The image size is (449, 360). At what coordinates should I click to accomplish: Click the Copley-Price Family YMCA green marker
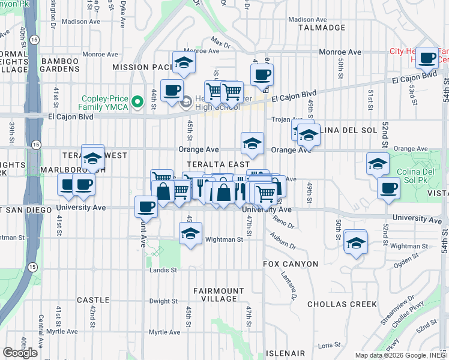pyautogui.click(x=137, y=102)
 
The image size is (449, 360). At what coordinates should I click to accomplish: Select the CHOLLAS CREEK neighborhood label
pyautogui.click(x=342, y=304)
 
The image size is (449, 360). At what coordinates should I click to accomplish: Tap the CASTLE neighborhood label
pyautogui.click(x=93, y=299)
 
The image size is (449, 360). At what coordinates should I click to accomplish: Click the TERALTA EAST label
pyautogui.click(x=218, y=164)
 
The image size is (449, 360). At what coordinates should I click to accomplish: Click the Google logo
pyautogui.click(x=20, y=353)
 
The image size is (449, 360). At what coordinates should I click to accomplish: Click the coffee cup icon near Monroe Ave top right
pyautogui.click(x=427, y=58)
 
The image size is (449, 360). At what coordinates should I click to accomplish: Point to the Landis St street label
pyautogui.click(x=163, y=270)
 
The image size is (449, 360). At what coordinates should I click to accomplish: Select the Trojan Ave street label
pyautogui.click(x=285, y=119)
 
